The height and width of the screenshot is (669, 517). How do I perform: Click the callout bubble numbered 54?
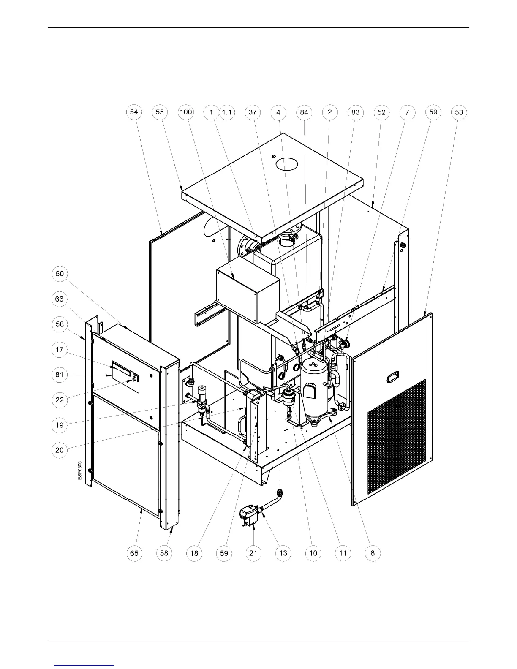click(134, 112)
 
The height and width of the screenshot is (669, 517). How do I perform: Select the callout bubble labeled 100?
click(186, 112)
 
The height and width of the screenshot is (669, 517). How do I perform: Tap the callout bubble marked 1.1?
click(227, 112)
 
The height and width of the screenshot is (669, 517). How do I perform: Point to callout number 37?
click(253, 112)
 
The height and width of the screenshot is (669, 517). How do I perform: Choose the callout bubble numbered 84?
click(304, 112)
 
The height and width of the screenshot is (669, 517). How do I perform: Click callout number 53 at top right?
click(459, 112)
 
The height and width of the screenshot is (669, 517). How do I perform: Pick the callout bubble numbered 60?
click(60, 274)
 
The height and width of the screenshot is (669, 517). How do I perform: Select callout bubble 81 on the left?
click(60, 375)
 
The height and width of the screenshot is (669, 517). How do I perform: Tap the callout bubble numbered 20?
click(60, 450)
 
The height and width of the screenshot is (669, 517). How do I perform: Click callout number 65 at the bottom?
click(134, 553)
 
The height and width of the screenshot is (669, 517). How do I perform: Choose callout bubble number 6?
click(373, 553)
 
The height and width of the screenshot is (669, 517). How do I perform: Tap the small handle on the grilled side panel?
click(393, 377)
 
